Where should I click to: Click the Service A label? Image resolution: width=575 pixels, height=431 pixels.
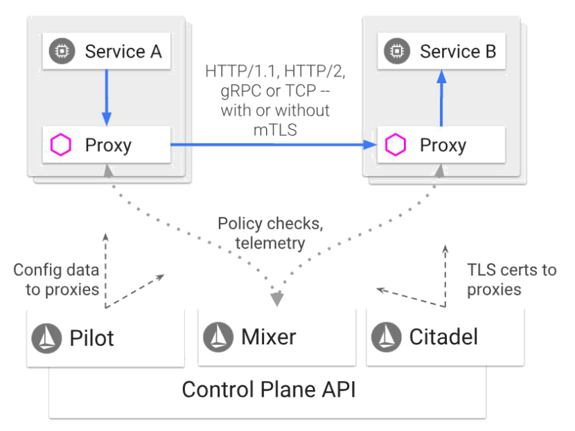click(123, 51)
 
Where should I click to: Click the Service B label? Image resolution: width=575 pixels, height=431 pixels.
click(457, 51)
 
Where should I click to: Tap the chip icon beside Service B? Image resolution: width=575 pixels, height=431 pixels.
click(397, 51)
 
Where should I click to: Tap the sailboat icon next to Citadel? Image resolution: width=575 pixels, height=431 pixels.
click(386, 337)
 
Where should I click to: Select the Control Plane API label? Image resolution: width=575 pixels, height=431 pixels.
click(268, 389)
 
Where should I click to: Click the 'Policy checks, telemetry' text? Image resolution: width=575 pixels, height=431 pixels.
click(270, 234)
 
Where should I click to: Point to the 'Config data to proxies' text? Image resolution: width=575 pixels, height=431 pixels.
click(57, 279)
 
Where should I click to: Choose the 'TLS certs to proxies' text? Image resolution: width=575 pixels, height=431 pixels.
click(511, 279)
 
